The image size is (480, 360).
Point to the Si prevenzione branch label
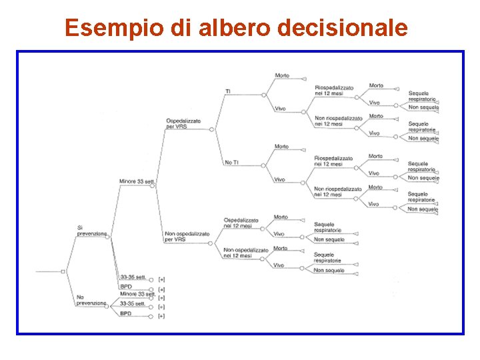[91, 230]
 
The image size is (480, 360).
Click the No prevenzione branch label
[91, 300]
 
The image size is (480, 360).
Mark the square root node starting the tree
[63, 271]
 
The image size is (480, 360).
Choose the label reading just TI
[228, 91]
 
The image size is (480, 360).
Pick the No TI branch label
[232, 163]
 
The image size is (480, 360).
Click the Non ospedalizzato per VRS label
[187, 237]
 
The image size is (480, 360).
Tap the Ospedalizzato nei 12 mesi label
[246, 223]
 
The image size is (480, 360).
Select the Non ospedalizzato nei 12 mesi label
[246, 253]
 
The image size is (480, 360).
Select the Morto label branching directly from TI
[281, 75]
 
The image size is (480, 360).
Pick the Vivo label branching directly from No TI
[279, 179]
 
